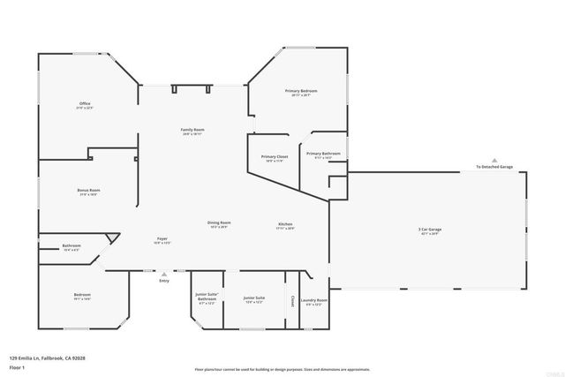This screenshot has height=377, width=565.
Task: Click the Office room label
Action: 85,105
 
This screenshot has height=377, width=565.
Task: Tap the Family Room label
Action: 193,131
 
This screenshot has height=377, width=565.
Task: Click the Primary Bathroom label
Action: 324,155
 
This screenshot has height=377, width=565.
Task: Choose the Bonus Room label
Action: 88,192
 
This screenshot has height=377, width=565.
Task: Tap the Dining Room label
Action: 219,224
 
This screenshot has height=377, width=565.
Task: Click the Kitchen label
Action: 285,225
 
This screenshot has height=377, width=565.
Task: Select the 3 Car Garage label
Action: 430,231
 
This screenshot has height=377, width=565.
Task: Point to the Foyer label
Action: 163,240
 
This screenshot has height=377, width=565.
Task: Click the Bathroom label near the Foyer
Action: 72,246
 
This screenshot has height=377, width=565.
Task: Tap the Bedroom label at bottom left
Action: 81,296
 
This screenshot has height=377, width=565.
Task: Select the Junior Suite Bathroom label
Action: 207,300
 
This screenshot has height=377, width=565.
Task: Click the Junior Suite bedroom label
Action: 254,300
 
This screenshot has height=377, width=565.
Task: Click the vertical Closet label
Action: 291,300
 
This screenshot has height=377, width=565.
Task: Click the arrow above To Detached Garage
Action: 493,160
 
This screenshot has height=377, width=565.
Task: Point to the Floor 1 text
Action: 16,366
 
